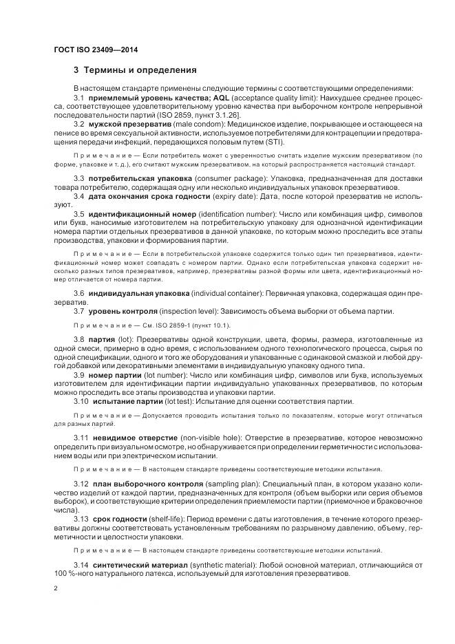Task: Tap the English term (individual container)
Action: [233, 294]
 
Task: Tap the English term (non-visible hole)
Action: [199, 438]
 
